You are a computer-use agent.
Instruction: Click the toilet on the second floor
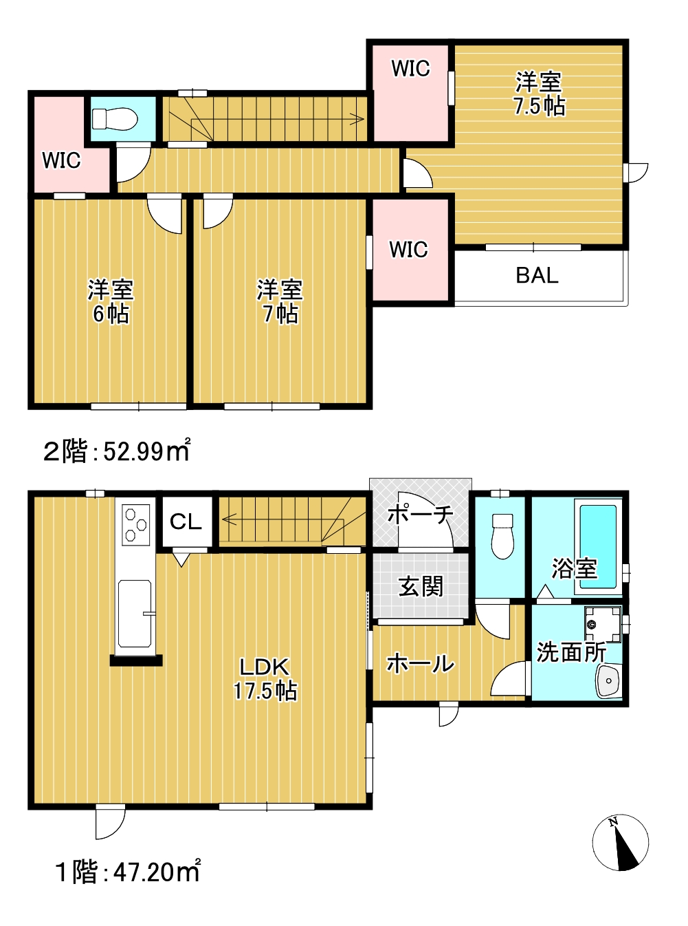[115, 118]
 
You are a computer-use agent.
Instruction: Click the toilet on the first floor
[502, 537]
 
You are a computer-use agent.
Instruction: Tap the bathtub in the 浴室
[598, 546]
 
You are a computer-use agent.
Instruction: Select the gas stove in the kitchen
[135, 524]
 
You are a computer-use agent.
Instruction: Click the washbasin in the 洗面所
[609, 681]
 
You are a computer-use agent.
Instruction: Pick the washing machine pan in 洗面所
[603, 625]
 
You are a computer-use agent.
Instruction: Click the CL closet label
[186, 521]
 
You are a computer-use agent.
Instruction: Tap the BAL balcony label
[537, 276]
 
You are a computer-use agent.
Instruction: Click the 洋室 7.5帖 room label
[539, 94]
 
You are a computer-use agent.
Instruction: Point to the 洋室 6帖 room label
[111, 302]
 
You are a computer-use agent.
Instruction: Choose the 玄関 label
[421, 586]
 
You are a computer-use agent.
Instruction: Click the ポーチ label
[421, 515]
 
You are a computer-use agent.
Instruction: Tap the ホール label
[421, 664]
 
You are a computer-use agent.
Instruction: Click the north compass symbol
[621, 843]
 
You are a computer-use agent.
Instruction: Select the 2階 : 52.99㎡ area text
[118, 451]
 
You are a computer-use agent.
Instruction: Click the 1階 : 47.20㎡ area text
[128, 872]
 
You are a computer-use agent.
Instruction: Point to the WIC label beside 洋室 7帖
[408, 250]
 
